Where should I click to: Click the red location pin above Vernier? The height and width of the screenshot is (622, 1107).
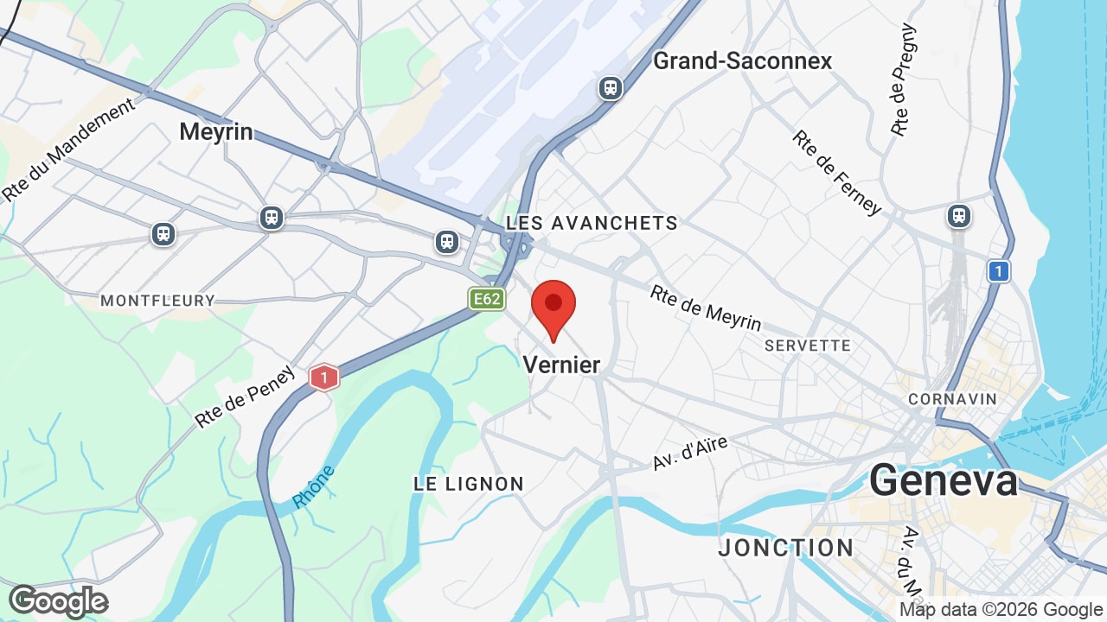pos(553,308)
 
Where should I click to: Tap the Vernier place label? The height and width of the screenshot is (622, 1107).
pos(561,365)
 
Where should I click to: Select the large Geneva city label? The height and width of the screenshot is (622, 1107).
pos(944,480)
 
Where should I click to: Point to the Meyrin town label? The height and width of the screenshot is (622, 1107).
pos(216,131)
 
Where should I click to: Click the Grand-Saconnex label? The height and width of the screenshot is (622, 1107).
pos(742,60)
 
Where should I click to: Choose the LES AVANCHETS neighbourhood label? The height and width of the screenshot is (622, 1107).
pos(592,223)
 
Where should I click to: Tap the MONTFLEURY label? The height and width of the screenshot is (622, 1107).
pos(157,301)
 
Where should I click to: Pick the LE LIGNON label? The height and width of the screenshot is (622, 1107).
pos(469,484)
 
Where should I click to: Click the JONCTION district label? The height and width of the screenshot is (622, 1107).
pos(786,548)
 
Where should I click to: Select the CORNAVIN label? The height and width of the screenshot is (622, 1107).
pos(952,399)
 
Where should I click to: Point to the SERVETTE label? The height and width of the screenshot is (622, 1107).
pos(808,346)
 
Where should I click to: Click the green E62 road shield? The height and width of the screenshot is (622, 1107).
pos(486,299)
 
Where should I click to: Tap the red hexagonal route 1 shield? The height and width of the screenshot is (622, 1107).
pos(323,377)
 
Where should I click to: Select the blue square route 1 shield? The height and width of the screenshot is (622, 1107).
pos(998,271)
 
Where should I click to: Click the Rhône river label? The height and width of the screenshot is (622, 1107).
pos(313,487)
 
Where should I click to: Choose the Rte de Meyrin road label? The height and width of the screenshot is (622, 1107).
pos(706,308)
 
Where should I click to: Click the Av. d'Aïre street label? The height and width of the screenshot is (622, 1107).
pos(689,453)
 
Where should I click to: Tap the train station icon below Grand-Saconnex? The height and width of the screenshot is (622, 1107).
pos(611,87)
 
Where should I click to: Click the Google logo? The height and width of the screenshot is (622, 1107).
pos(58,601)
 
